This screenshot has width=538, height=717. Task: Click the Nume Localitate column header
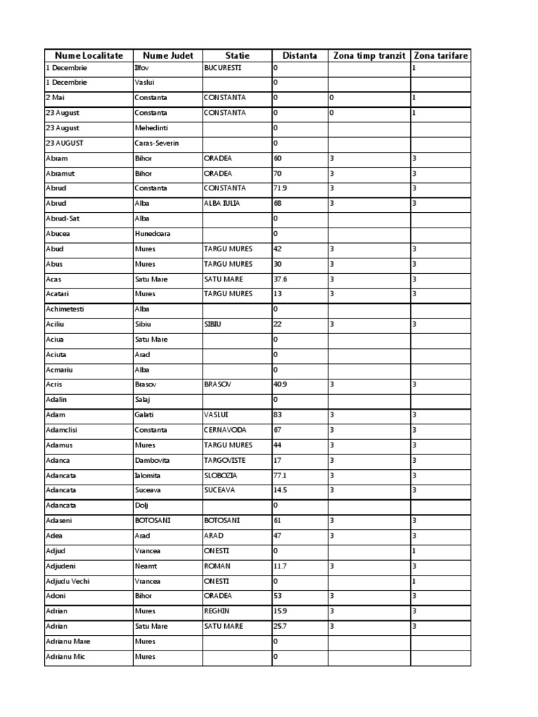(88, 55)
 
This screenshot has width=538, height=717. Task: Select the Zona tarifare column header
(441, 55)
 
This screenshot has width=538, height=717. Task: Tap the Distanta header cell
(299, 55)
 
